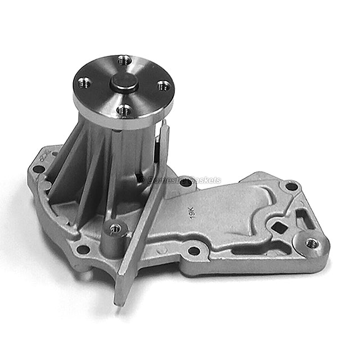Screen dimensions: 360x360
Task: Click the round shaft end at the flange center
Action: click(x=124, y=83)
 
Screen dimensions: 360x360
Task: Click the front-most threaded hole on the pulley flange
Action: click(x=124, y=110)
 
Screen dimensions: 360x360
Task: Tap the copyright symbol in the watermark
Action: click(x=142, y=180)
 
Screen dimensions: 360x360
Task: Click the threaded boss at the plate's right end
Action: click(x=312, y=244)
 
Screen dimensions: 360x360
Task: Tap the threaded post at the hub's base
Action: click(x=115, y=228)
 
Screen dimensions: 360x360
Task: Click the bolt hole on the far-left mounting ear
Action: click(x=38, y=168)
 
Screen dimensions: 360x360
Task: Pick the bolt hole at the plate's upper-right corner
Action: click(x=291, y=186)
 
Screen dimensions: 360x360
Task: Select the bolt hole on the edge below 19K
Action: click(x=194, y=250)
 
